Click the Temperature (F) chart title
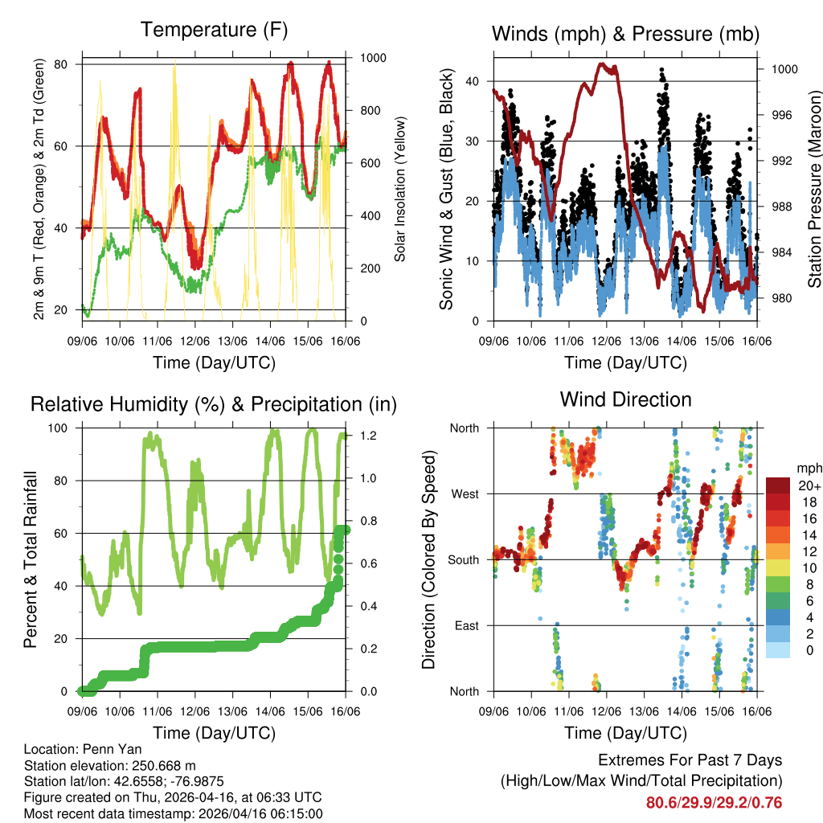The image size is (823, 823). pyautogui.click(x=214, y=31)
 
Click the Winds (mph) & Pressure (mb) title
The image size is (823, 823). pyautogui.click(x=626, y=34)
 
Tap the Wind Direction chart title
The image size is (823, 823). pyautogui.click(x=625, y=399)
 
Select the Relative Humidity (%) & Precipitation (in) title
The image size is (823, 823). pyautogui.click(x=214, y=404)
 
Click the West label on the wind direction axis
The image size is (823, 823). pyautogui.click(x=465, y=494)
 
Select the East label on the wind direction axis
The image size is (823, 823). pyautogui.click(x=466, y=625)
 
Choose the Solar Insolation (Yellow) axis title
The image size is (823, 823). pyautogui.click(x=399, y=188)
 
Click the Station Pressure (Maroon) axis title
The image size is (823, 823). pyautogui.click(x=813, y=188)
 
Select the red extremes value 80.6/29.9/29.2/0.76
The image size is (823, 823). pyautogui.click(x=714, y=803)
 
